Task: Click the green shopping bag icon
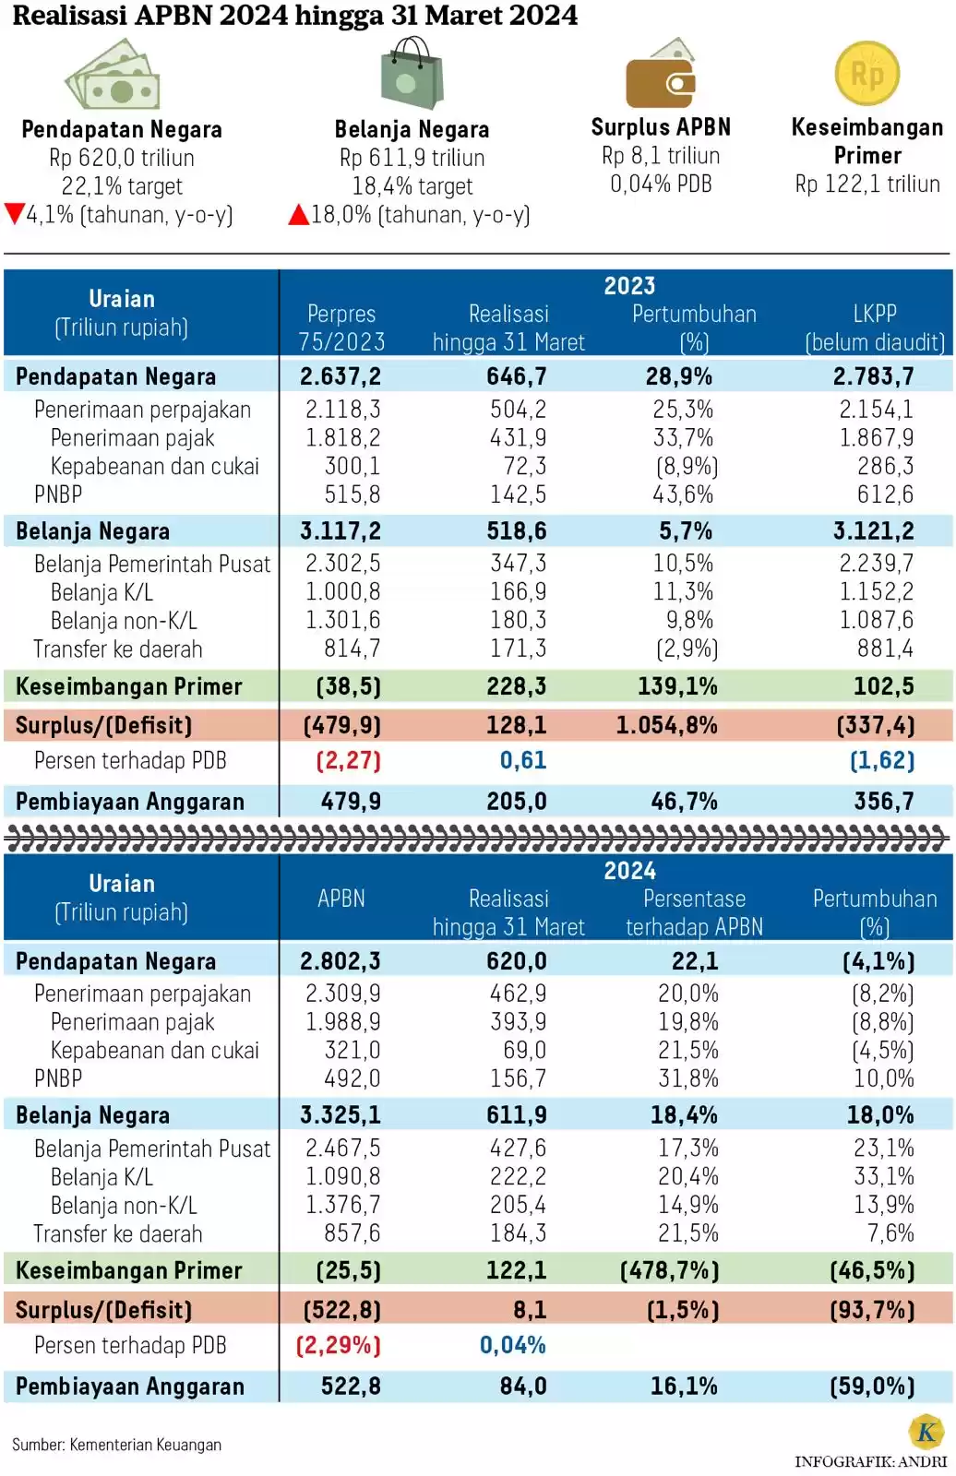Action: point(412,75)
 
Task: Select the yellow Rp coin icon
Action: point(866,74)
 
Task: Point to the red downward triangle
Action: point(14,214)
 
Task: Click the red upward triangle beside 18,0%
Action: point(298,215)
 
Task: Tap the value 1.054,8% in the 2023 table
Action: point(666,725)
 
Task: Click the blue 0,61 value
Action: point(522,760)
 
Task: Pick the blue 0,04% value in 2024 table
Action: point(512,1345)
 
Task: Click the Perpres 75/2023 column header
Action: point(341,327)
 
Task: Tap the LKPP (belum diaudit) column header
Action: point(874,327)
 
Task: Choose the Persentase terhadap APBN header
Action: point(694,912)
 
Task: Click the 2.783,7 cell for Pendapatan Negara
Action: point(873,376)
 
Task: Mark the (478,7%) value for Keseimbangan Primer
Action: point(669,1270)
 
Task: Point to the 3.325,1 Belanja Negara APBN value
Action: point(340,1114)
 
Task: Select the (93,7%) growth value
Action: point(872,1310)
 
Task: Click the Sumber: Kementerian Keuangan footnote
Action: point(116,1444)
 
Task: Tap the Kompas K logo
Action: point(926,1431)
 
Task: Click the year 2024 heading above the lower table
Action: point(629,870)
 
